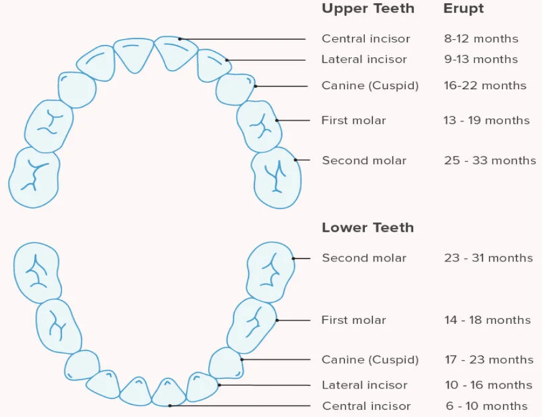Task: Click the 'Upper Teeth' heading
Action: click(x=368, y=8)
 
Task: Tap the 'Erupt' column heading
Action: click(x=464, y=9)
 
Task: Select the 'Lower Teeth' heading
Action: click(x=368, y=228)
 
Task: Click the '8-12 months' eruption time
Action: click(x=481, y=38)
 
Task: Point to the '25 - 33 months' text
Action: click(x=490, y=160)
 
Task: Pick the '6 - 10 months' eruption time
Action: click(x=487, y=405)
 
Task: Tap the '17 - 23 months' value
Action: click(x=489, y=359)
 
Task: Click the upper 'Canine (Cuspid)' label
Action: click(x=370, y=86)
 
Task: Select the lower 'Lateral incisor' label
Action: click(x=364, y=385)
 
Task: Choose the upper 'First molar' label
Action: click(x=353, y=121)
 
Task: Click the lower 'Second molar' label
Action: click(x=364, y=258)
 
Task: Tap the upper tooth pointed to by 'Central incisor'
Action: click(x=174, y=53)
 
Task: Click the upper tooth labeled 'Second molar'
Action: click(x=276, y=178)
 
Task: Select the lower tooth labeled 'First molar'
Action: click(x=252, y=326)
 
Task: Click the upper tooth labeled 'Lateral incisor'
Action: click(x=212, y=66)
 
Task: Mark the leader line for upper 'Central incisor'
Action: click(x=242, y=39)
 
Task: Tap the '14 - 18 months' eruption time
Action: click(x=488, y=320)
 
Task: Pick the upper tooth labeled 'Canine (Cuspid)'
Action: click(x=235, y=89)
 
